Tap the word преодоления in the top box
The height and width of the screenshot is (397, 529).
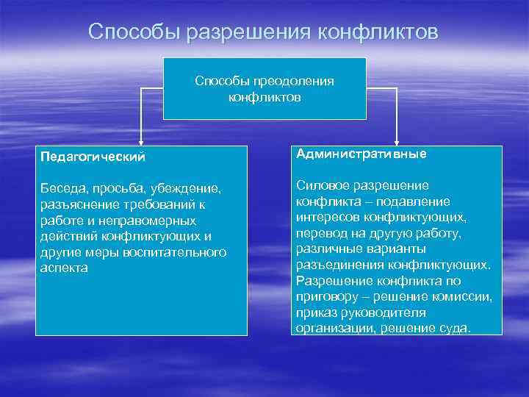pyautogui.click(x=295, y=81)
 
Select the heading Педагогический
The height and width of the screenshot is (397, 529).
pyautogui.click(x=93, y=157)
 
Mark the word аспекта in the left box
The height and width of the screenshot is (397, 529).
pyautogui.click(x=64, y=268)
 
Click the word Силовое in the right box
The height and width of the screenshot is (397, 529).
pyautogui.click(x=323, y=185)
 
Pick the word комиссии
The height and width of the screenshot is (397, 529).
pyautogui.click(x=465, y=296)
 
